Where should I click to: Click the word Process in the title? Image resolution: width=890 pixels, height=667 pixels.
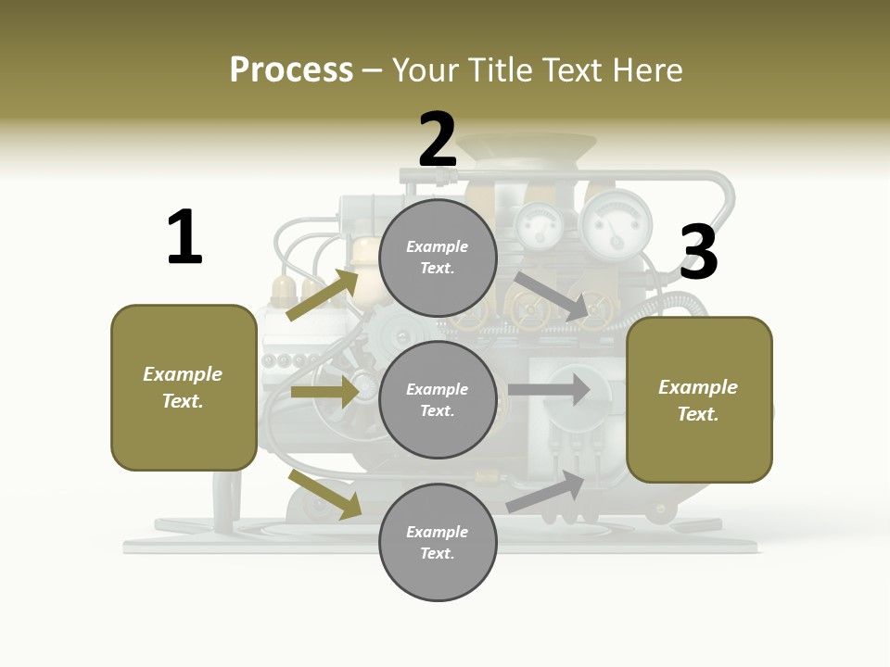[291, 70]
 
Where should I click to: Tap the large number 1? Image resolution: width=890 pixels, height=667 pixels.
[184, 238]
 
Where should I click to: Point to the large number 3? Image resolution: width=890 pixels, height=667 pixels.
[698, 252]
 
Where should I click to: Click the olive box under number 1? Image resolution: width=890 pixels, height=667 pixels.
[184, 387]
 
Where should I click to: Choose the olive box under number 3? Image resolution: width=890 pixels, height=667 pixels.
[699, 399]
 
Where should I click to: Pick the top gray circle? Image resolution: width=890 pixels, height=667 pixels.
[439, 258]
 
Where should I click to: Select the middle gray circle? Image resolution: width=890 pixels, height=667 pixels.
[439, 399]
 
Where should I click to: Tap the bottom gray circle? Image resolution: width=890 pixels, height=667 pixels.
[439, 542]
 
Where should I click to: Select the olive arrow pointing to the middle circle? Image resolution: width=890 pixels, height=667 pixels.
[324, 392]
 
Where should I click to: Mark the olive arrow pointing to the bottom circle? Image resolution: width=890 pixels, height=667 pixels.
[325, 495]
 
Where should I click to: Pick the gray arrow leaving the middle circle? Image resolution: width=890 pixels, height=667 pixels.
[549, 389]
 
